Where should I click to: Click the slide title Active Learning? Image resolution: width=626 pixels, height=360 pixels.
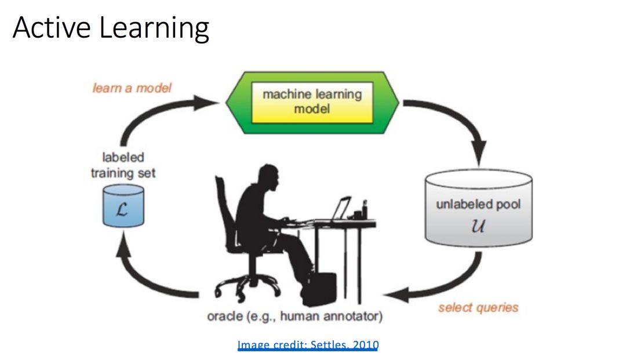[110, 28]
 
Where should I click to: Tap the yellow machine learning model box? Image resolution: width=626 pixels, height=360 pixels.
[312, 101]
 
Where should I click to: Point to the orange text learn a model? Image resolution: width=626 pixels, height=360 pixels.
[132, 88]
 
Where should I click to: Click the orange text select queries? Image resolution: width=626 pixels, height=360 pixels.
[478, 307]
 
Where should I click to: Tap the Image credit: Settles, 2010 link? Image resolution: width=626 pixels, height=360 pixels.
[308, 346]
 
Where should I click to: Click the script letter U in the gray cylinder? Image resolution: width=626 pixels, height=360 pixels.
[478, 225]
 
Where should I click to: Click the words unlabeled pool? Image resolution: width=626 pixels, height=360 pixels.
[478, 205]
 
